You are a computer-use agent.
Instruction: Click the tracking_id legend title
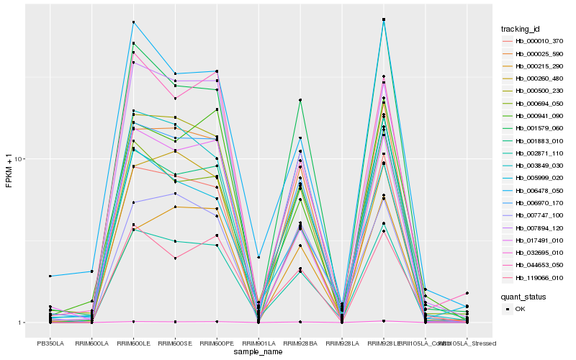(521, 29)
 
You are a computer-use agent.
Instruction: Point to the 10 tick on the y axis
(20, 159)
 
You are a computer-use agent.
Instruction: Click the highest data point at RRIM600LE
(133, 22)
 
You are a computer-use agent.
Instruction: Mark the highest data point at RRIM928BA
(300, 100)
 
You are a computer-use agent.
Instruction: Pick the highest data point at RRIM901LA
(258, 257)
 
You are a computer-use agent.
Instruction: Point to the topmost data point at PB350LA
(50, 276)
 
